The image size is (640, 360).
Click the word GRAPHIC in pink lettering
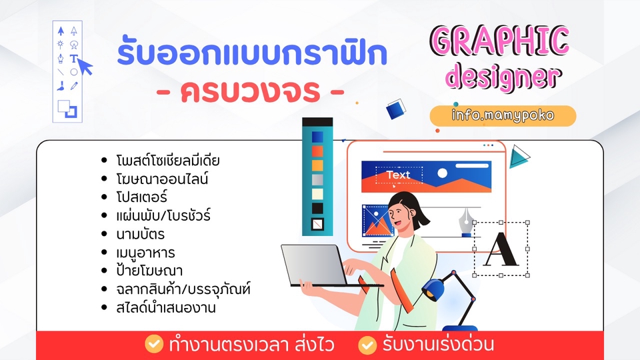click(499, 41)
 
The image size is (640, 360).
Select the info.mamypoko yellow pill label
click(503, 115)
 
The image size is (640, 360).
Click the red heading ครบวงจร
click(250, 91)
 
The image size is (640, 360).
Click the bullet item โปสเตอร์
click(141, 197)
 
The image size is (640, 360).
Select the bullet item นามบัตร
click(141, 234)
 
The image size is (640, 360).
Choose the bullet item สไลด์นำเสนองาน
click(166, 307)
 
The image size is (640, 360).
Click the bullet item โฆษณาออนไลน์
click(162, 179)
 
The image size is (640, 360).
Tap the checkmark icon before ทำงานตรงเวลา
click(154, 344)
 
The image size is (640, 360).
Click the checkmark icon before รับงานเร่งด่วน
click(367, 345)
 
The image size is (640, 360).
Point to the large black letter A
click(501, 250)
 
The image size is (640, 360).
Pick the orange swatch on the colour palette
click(317, 165)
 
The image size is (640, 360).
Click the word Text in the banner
click(398, 175)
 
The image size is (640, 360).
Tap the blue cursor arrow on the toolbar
click(85, 67)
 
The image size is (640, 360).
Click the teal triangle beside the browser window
click(519, 156)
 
